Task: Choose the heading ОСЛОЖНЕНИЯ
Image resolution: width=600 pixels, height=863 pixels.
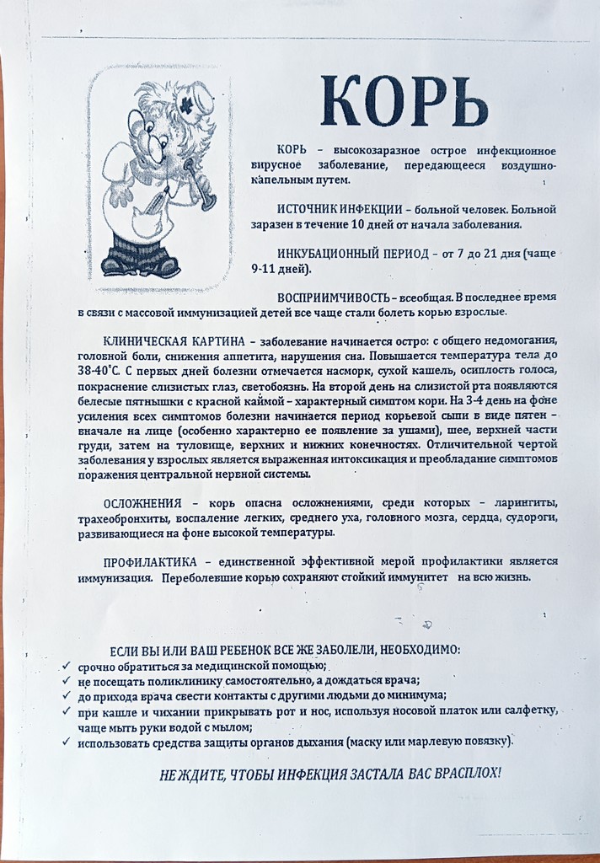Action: coord(144,503)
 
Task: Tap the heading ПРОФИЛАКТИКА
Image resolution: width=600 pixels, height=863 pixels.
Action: coord(150,561)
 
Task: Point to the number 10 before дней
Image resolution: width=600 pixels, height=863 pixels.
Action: coord(352,224)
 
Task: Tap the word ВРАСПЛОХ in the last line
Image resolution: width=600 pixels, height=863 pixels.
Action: coord(465,774)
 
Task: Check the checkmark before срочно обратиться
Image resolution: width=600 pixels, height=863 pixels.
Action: coord(67,665)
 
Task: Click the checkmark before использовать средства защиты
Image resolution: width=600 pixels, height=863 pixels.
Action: coord(67,742)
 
